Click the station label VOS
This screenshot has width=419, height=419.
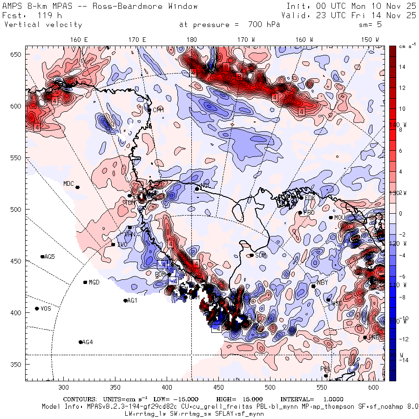pyautogui.click(x=46, y=309)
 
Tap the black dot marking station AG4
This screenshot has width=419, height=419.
pyautogui.click(x=81, y=342)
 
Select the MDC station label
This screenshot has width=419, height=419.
pyautogui.click(x=68, y=183)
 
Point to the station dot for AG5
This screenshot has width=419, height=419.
pyautogui.click(x=42, y=257)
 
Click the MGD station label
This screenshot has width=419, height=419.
pyautogui.click(x=94, y=283)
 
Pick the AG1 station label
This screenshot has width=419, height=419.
pyautogui.click(x=132, y=301)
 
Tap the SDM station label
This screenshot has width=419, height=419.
pyautogui.click(x=261, y=255)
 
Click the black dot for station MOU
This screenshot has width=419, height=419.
pyautogui.click(x=331, y=217)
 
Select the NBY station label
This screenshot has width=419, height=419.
pyautogui.click(x=322, y=283)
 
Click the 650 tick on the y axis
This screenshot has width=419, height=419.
pyautogui.click(x=17, y=55)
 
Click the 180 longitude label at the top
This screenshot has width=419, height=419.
pyautogui.click(x=191, y=40)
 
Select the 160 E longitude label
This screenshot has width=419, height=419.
pyautogui.click(x=79, y=40)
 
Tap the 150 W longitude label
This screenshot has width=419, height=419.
pyautogui.click(x=370, y=40)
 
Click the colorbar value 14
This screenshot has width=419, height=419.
pyautogui.click(x=402, y=67)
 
